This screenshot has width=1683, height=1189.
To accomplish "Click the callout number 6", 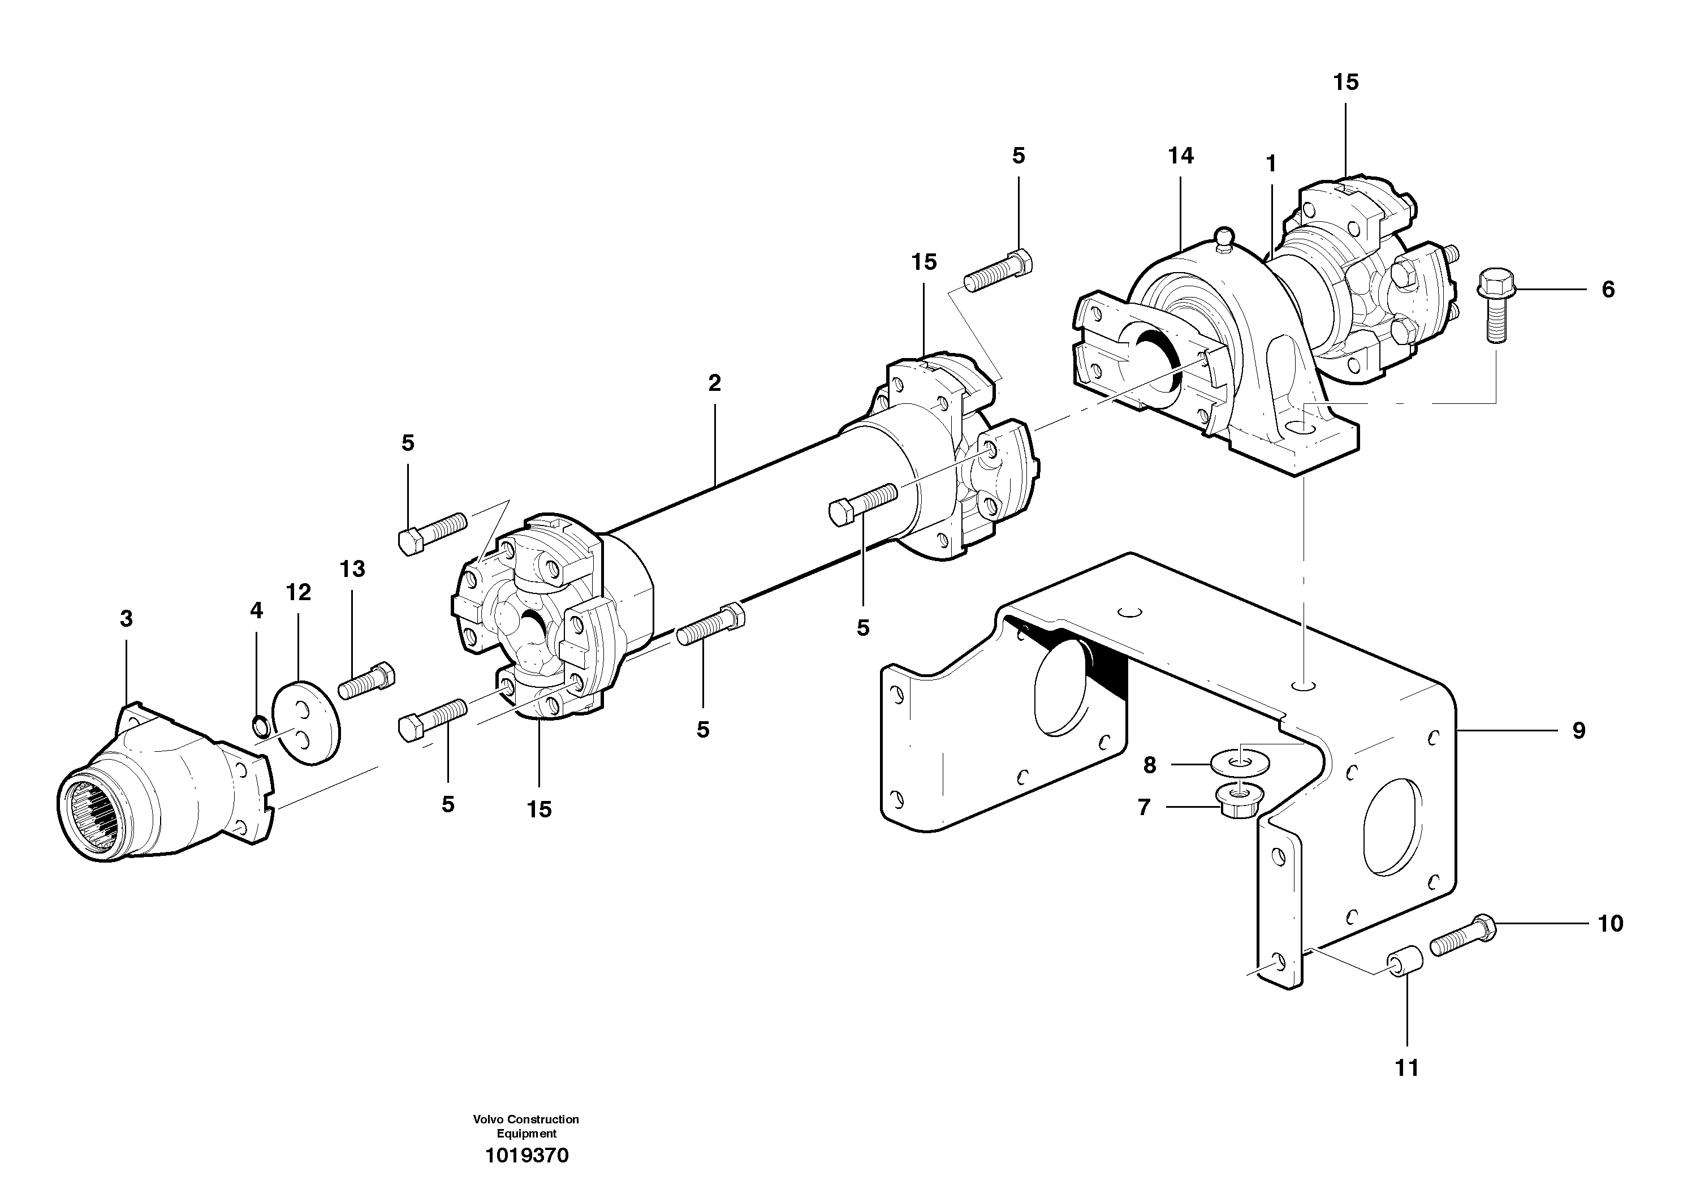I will tap(1607, 290).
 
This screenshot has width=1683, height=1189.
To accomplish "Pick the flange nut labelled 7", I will tap(1237, 800).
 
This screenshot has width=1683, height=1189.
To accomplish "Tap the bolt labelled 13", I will tap(366, 681).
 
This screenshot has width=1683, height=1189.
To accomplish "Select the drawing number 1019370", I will tap(527, 1156).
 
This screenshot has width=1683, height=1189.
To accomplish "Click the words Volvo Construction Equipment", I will tap(527, 1126).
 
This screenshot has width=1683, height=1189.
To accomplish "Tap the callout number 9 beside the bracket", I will tap(1578, 730).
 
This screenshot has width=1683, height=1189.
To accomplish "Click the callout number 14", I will tap(1181, 156).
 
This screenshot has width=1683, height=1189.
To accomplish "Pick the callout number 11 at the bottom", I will tap(1406, 1068).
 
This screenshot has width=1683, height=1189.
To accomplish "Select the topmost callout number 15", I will tap(1346, 82).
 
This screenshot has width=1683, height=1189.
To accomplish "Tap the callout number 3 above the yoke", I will tap(126, 619).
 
